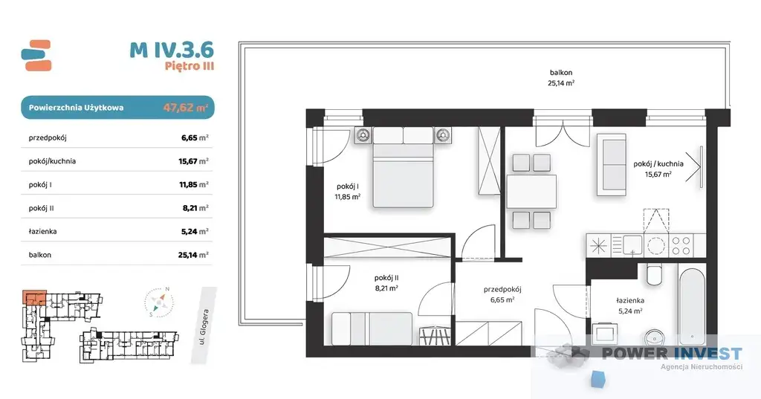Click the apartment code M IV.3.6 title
[172, 50]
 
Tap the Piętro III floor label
[190, 66]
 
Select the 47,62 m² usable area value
[185, 107]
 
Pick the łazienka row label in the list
[42, 232]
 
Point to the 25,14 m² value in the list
[193, 255]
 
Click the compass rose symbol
[159, 302]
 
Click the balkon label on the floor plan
[561, 73]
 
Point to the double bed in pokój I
[402, 167]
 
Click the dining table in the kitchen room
[531, 191]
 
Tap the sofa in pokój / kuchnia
[612, 164]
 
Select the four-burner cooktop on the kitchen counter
[681, 246]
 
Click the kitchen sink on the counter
[632, 245]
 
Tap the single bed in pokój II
[372, 328]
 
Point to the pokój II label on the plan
[386, 278]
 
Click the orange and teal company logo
[36, 55]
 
